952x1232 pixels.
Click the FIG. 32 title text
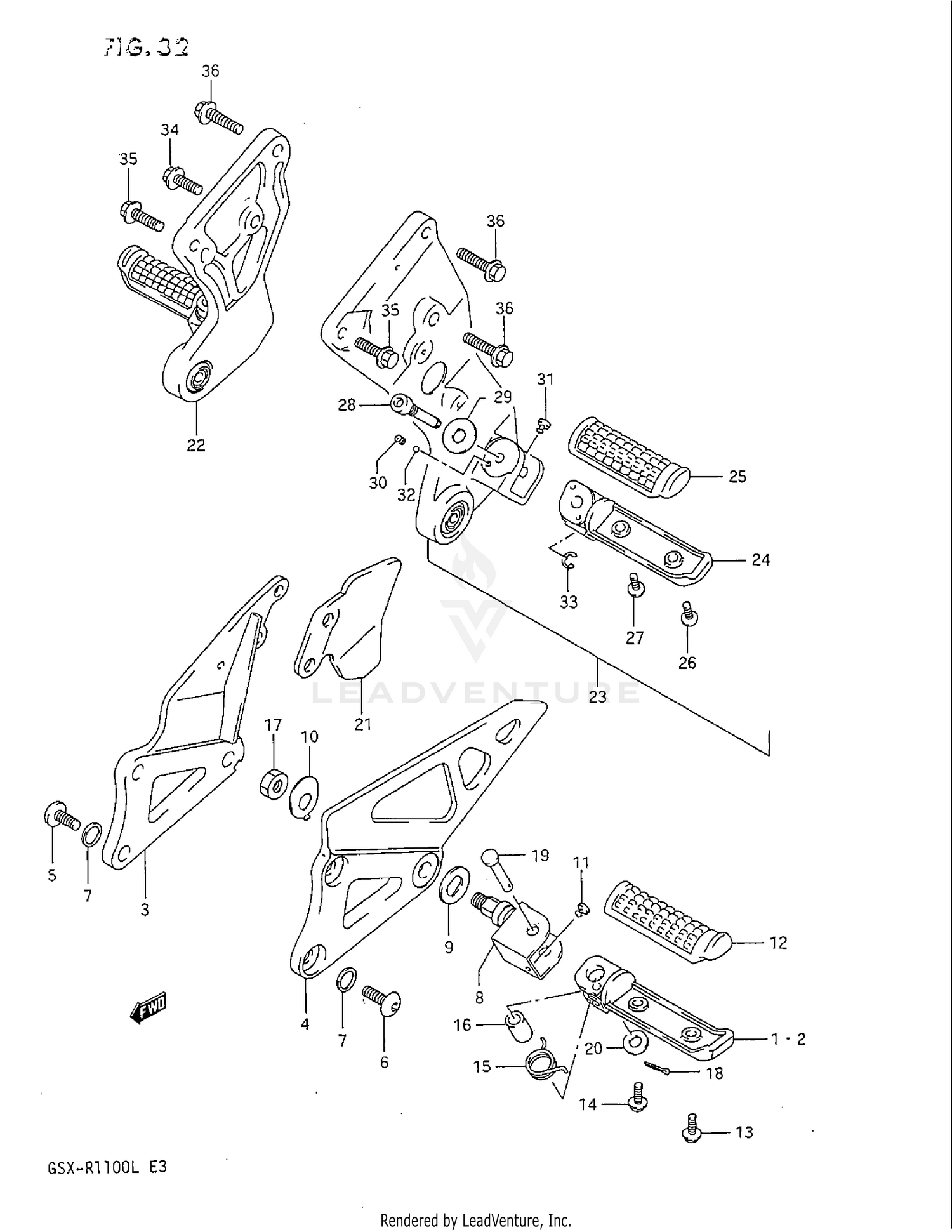tap(147, 47)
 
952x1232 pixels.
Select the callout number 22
tap(195, 446)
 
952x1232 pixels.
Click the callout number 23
tap(597, 696)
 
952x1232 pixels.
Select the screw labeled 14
tap(635, 1102)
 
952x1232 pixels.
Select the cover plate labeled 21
tap(348, 619)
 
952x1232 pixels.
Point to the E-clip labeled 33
tap(570, 559)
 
